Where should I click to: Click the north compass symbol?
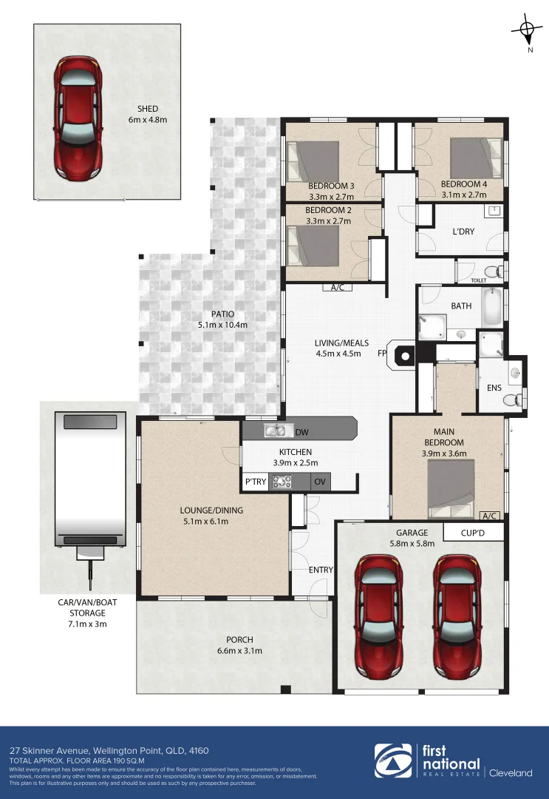[526, 30]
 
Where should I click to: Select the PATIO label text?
[221, 314]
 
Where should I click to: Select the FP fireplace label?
[383, 354]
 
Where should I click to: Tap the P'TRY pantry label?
[256, 482]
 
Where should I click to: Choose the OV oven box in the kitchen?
[320, 482]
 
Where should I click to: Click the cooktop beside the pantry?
[282, 482]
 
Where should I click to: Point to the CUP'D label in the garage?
[473, 532]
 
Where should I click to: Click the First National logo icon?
[394, 763]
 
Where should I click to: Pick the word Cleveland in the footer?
[511, 773]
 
